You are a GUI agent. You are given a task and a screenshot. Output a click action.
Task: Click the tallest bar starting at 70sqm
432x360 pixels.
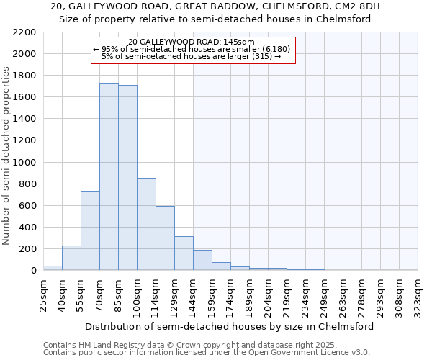click(x=109, y=176)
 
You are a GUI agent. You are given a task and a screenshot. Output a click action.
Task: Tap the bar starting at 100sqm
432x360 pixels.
click(x=146, y=224)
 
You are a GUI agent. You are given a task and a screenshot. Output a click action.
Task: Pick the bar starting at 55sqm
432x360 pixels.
click(x=90, y=230)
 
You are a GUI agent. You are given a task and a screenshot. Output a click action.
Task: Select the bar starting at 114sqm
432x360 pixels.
click(x=165, y=238)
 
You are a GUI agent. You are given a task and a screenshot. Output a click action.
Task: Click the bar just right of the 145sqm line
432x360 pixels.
click(x=202, y=260)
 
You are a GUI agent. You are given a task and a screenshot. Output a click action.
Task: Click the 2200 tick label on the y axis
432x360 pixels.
click(x=24, y=32)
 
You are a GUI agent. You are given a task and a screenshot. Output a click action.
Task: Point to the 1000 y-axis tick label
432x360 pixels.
click(x=24, y=163)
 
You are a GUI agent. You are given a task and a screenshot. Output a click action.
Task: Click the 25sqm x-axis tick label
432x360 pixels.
click(x=43, y=294)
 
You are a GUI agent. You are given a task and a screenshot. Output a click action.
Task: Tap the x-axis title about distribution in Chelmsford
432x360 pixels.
click(x=229, y=326)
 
